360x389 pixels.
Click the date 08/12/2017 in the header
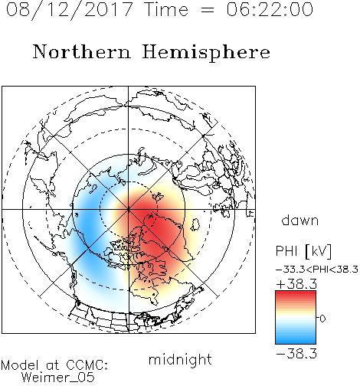70,9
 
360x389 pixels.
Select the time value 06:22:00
270,9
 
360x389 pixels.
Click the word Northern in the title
82,51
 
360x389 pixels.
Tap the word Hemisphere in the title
206,53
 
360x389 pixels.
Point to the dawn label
300,220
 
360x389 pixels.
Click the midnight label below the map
180,360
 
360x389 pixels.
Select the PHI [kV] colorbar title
303,251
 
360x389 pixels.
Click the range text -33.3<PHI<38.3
317,270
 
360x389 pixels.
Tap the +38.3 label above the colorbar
296,284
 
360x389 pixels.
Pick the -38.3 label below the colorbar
296,354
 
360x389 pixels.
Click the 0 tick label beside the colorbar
322,319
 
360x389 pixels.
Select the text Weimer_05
58,378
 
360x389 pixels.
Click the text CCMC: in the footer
87,365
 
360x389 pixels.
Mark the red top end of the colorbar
296,293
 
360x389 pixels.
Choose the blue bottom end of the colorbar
296,342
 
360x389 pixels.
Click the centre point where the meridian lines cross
129,209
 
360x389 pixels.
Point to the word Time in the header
166,9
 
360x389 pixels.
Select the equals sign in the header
208,10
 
